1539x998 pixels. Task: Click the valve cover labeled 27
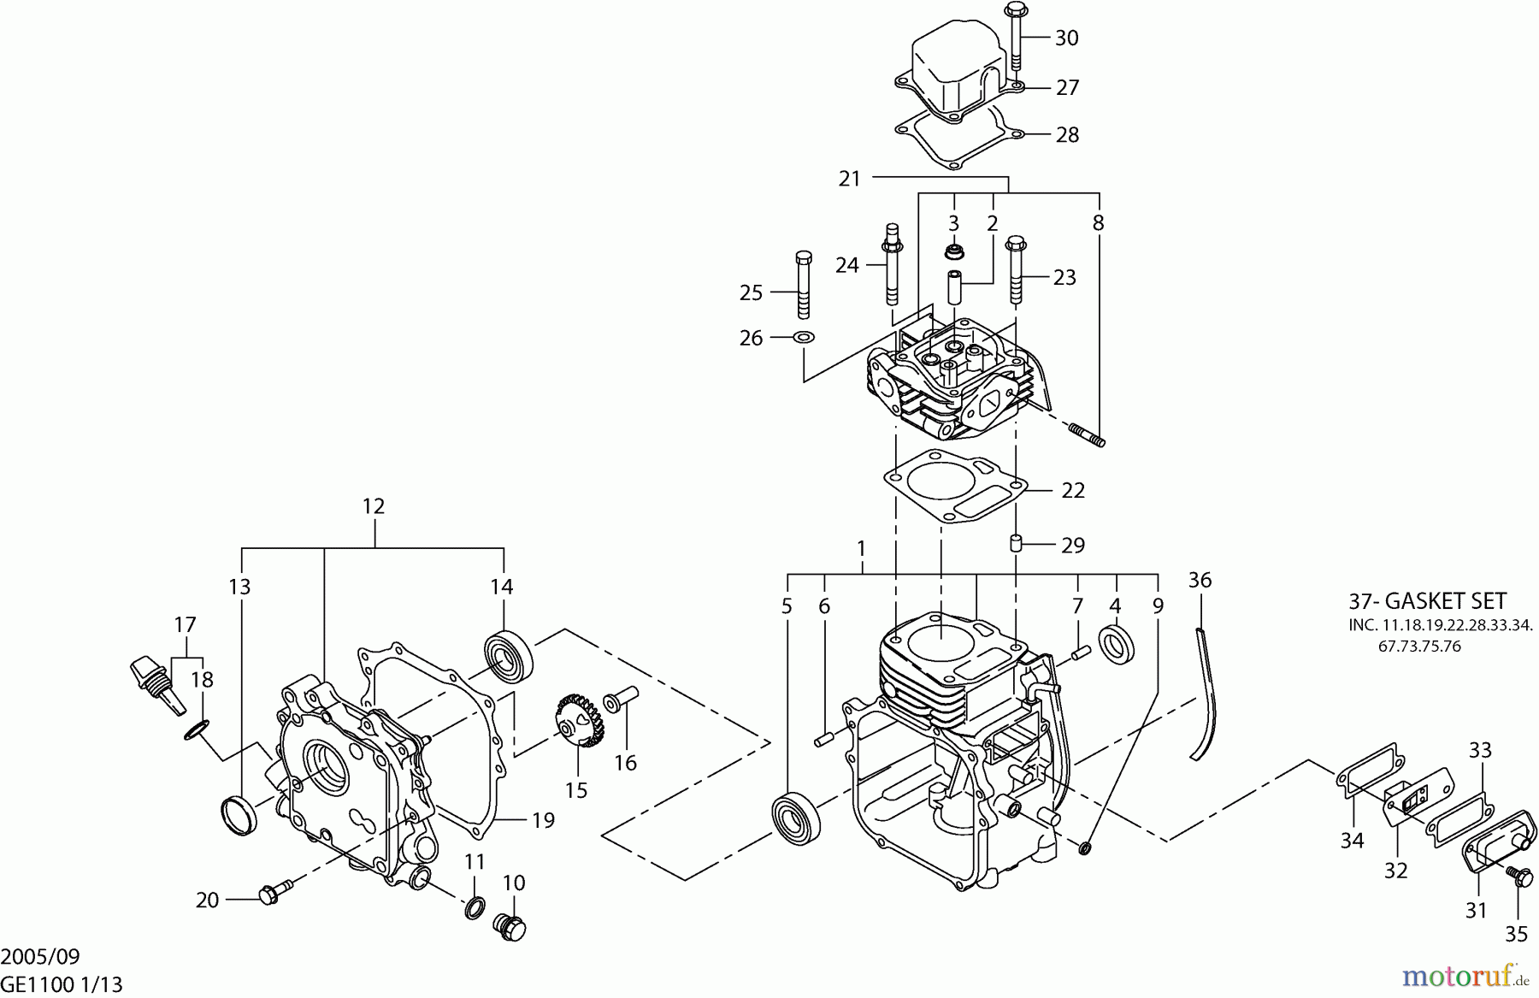(x=958, y=68)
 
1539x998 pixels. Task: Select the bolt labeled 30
(x=1015, y=37)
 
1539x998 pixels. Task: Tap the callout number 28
(x=1068, y=134)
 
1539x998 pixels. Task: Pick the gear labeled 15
(x=580, y=720)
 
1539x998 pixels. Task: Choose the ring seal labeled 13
(x=239, y=813)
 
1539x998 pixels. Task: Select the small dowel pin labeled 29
(x=1017, y=543)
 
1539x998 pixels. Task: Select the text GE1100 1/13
(x=62, y=985)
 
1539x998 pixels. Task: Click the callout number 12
(x=374, y=505)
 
